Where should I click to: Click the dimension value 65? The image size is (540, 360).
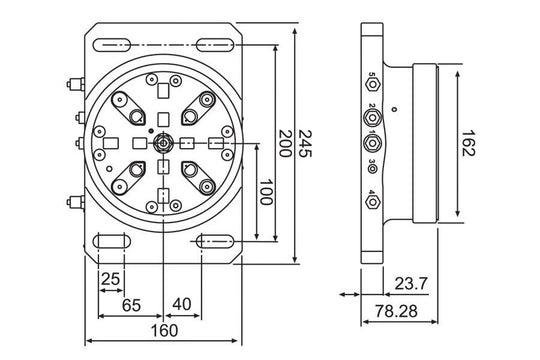click(x=130, y=306)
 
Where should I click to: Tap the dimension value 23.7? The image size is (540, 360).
click(x=411, y=284)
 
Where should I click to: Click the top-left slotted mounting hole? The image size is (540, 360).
click(x=110, y=43)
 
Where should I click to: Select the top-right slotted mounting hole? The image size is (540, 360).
click(x=217, y=43)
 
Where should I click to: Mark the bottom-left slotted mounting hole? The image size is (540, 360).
click(x=110, y=241)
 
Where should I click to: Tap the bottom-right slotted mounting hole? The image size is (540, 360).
click(x=217, y=241)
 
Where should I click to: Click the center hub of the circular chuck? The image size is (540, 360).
click(x=163, y=143)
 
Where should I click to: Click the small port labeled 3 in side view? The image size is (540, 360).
click(x=373, y=168)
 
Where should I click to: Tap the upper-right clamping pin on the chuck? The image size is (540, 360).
click(x=206, y=100)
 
